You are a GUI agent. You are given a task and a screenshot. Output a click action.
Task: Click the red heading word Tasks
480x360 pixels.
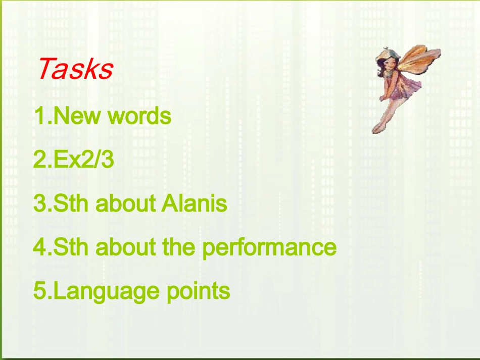(x=75, y=69)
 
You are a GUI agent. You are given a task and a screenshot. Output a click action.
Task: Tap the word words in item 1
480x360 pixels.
(x=139, y=117)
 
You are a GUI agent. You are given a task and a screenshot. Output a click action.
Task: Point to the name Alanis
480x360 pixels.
(x=194, y=204)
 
